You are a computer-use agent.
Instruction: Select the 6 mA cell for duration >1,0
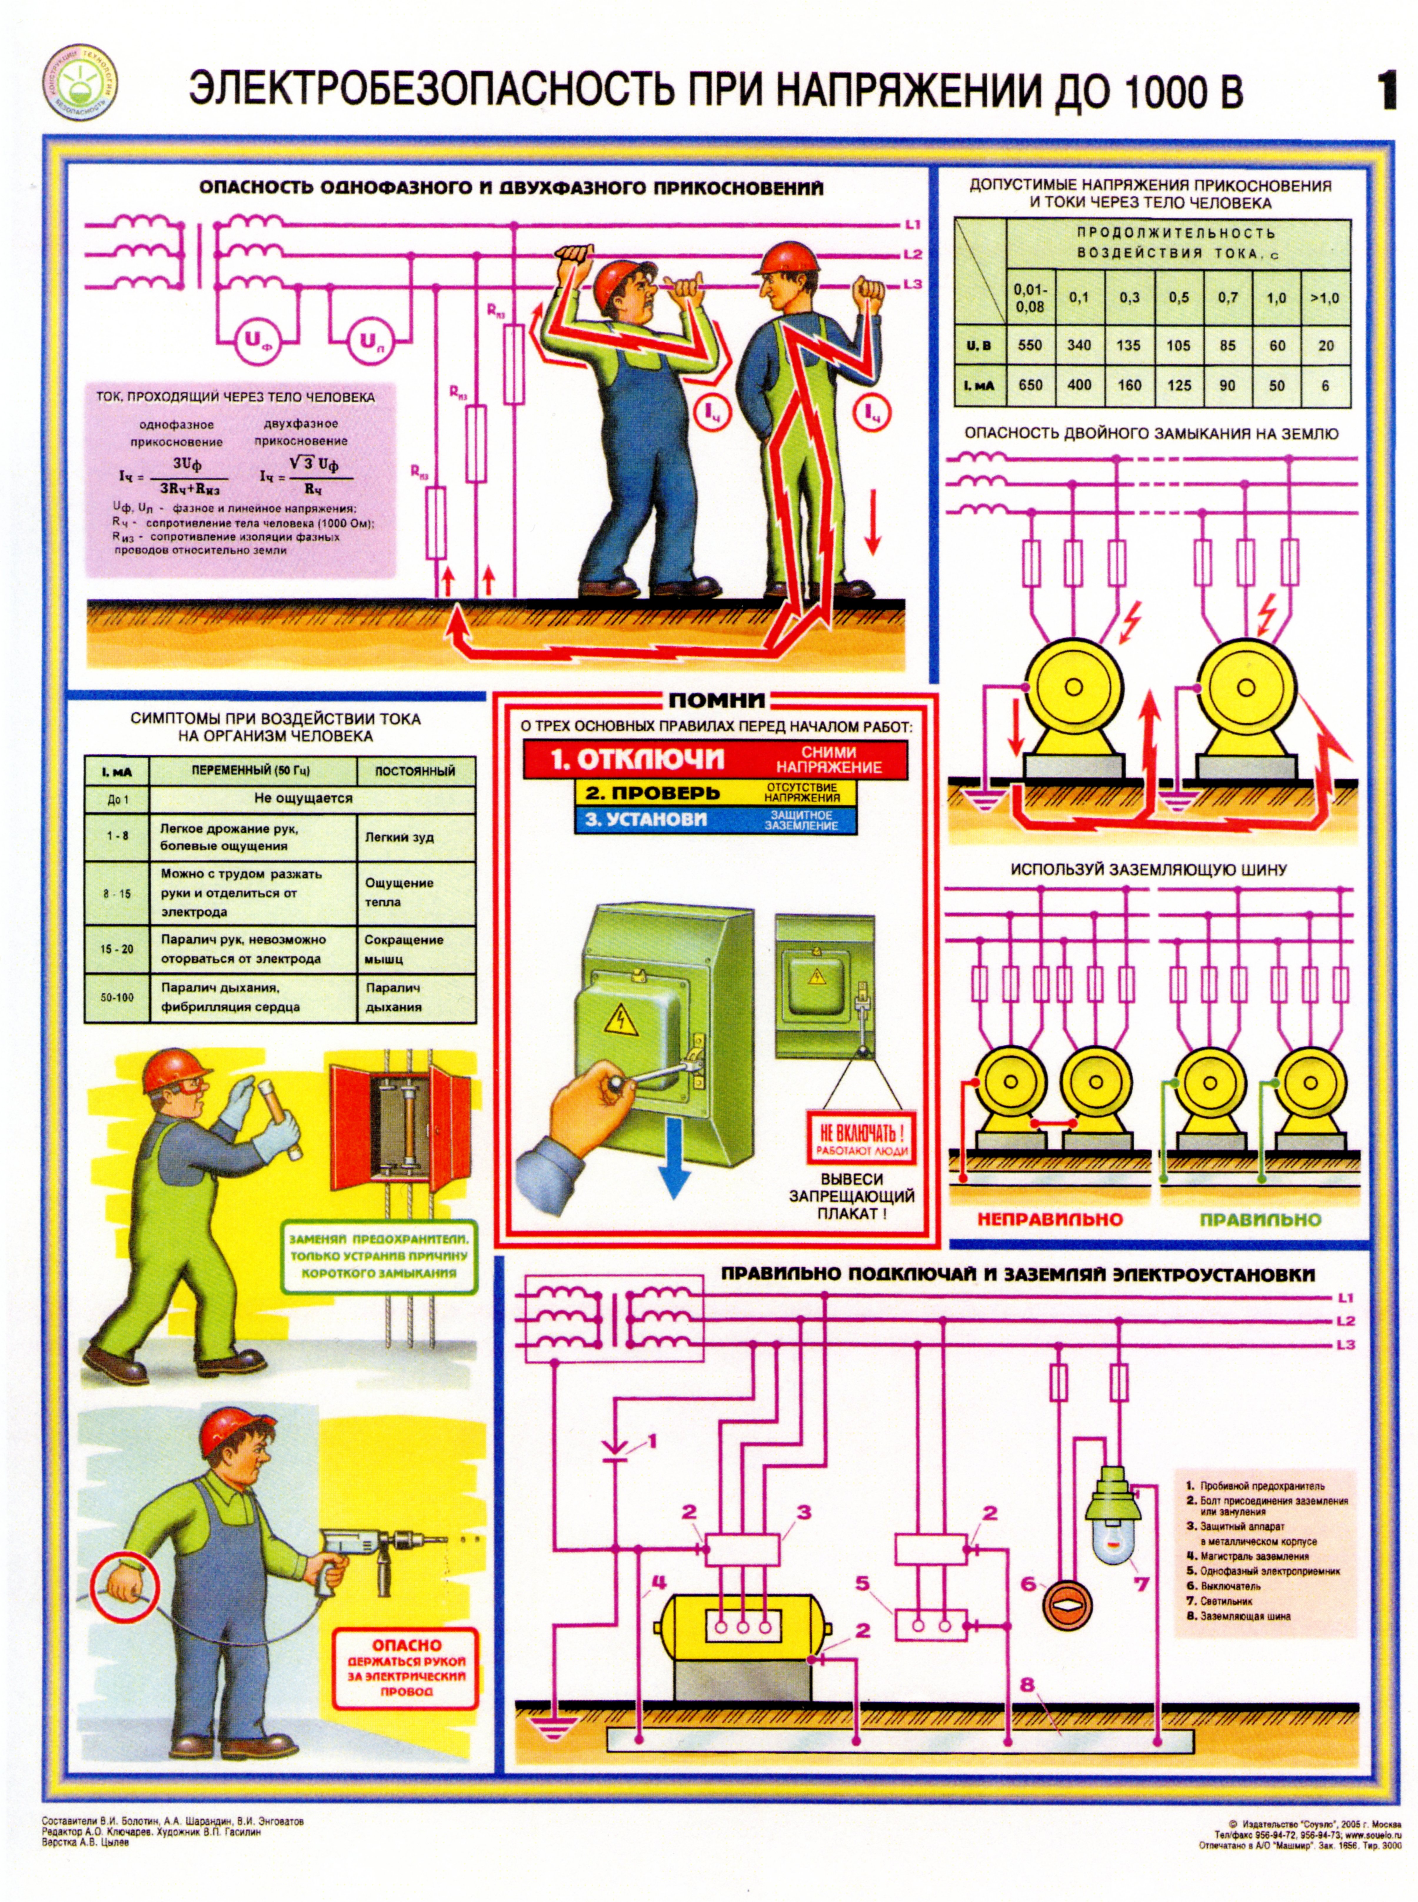tap(1325, 385)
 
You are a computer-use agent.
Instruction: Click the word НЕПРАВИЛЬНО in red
tap(1050, 1218)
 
